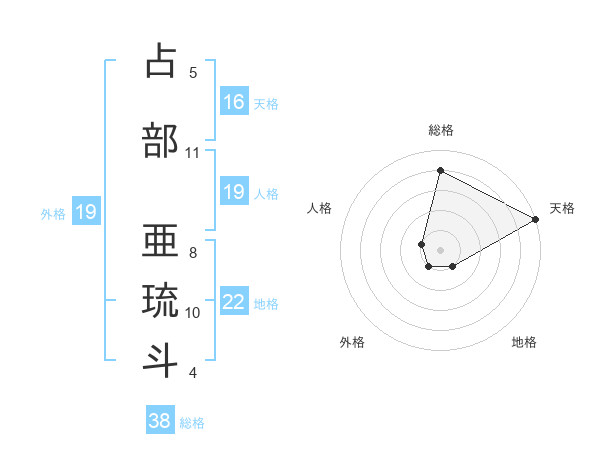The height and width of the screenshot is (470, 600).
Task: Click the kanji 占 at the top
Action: [x=161, y=61]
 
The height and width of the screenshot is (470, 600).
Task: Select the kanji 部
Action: [x=161, y=140]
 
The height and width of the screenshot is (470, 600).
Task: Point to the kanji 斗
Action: [x=161, y=359]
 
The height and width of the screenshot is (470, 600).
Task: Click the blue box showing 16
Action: [x=234, y=102]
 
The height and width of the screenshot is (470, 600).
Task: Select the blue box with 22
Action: [x=234, y=303]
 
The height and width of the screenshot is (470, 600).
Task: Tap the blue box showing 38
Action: [x=160, y=422]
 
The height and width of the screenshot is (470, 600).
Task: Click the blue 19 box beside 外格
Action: [x=85, y=212]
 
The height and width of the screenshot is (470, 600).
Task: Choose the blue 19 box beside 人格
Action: [x=234, y=193]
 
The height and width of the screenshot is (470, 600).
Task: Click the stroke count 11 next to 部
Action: [x=193, y=153]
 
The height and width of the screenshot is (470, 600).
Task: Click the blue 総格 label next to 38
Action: [x=192, y=423]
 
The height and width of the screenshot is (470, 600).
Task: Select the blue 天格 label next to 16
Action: [x=266, y=103]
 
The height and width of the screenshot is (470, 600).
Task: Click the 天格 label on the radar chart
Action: [x=562, y=208]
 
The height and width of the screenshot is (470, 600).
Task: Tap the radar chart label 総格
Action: [x=441, y=130]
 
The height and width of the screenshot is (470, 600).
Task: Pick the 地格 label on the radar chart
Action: [x=524, y=342]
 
